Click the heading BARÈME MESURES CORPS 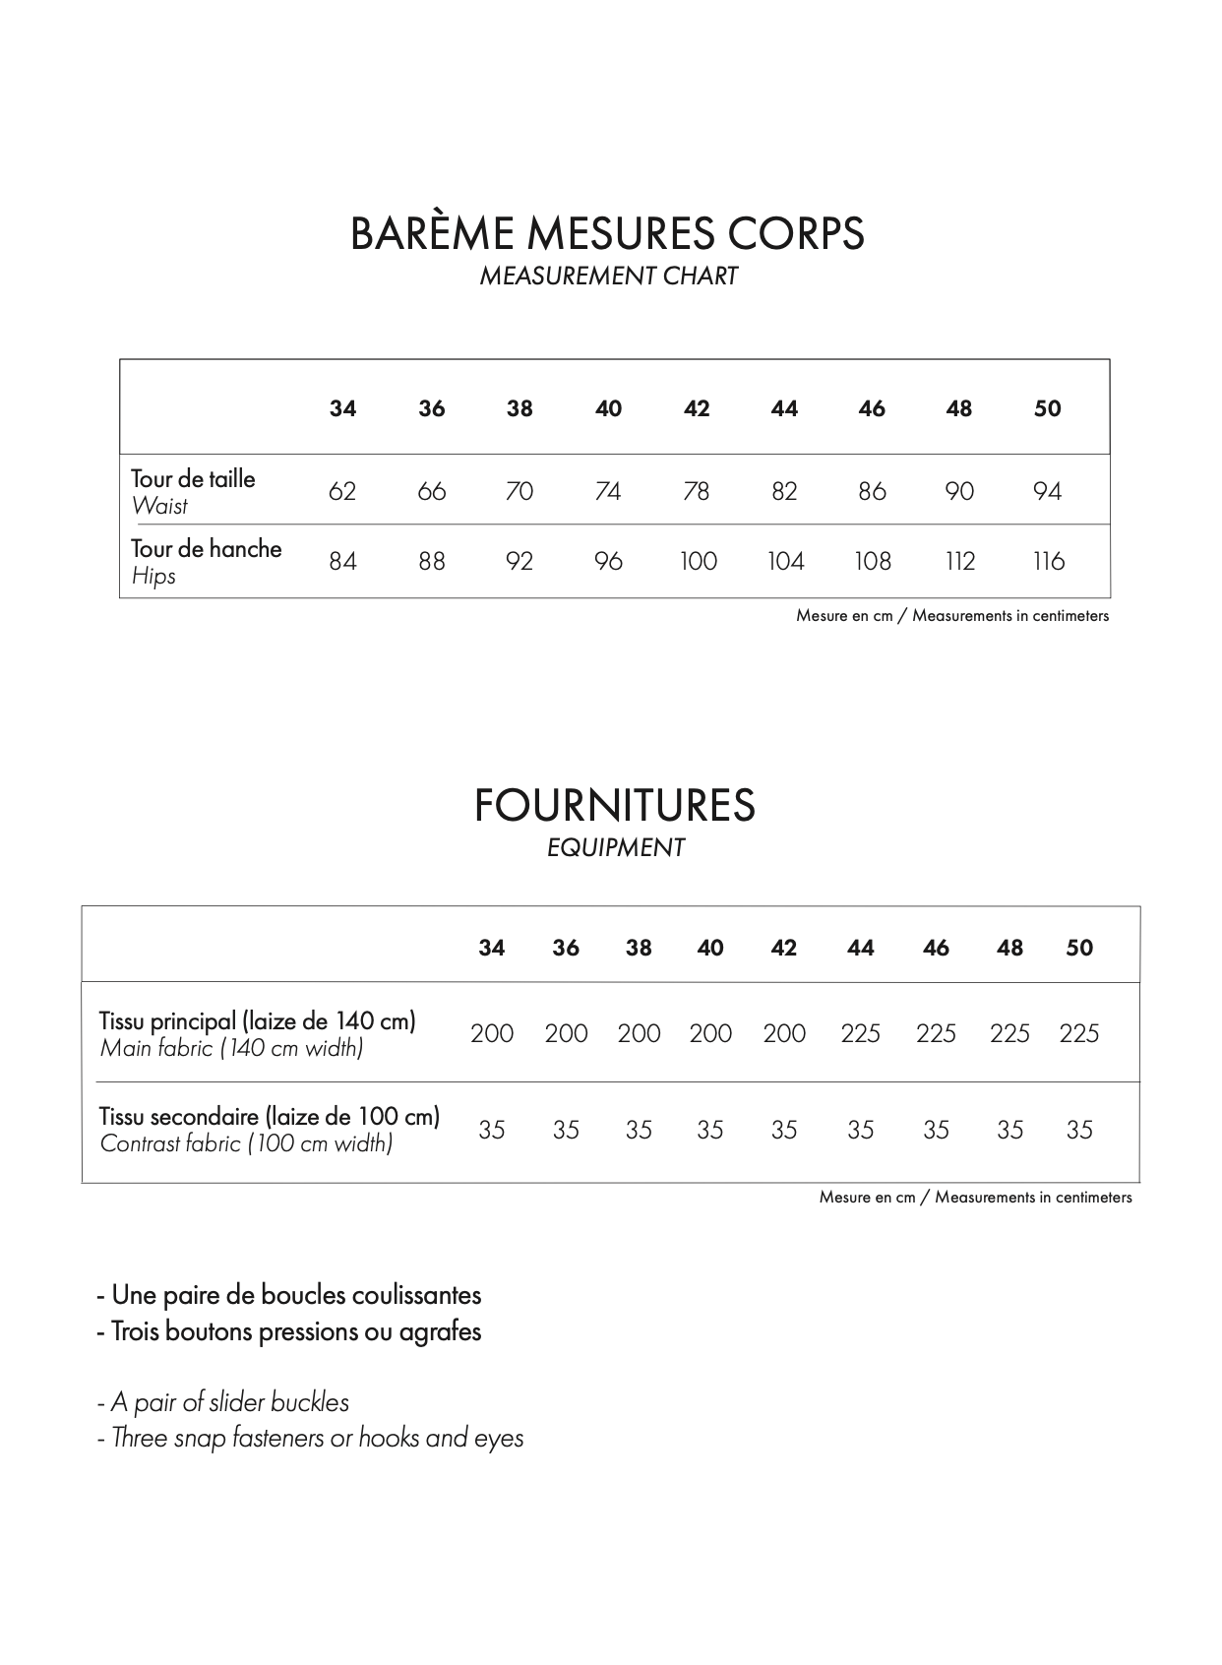607,234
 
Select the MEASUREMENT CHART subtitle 608,277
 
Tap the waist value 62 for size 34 342,491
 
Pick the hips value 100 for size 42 698,562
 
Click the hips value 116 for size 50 1048,562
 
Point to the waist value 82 784,491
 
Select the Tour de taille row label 193,479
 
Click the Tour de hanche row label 207,549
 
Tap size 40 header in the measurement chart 608,409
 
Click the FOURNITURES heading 615,806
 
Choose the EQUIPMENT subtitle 615,848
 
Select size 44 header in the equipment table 860,949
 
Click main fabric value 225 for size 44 860,1034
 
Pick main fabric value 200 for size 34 492,1034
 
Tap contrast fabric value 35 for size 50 1079,1131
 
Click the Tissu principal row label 258,1021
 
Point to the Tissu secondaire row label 270,1117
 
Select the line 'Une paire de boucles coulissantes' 289,1295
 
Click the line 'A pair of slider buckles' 223,1402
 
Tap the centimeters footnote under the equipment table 975,1198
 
